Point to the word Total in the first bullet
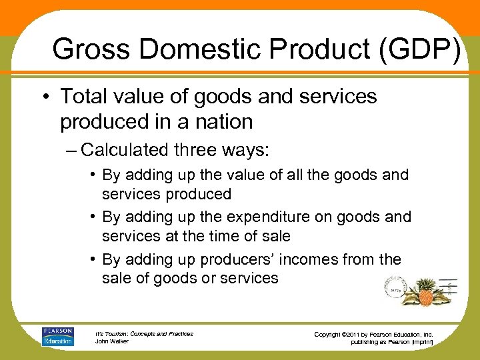tap(83, 96)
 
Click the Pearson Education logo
tap(58, 336)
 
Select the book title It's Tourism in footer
tap(113, 333)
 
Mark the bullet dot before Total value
tap(49, 97)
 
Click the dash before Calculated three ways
tap(71, 150)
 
